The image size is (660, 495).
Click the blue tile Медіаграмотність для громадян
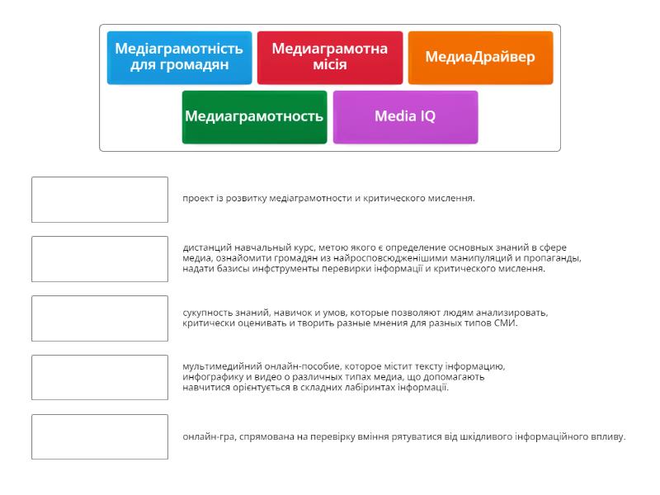(179, 57)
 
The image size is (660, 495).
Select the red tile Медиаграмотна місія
(330, 57)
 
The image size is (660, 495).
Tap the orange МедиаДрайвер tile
(480, 57)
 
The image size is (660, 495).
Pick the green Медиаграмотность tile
(254, 116)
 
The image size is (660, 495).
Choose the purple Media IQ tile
(405, 116)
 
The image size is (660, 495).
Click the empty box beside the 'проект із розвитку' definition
(100, 200)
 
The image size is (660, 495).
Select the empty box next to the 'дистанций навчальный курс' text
(100, 259)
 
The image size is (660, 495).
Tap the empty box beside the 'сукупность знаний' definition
(100, 318)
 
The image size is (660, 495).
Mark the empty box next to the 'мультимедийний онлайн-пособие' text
(100, 378)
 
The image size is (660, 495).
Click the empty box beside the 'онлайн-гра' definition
(100, 437)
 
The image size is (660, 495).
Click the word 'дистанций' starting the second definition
(206, 247)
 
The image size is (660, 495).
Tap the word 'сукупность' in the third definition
(209, 313)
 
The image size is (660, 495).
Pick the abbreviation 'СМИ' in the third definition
(507, 323)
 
